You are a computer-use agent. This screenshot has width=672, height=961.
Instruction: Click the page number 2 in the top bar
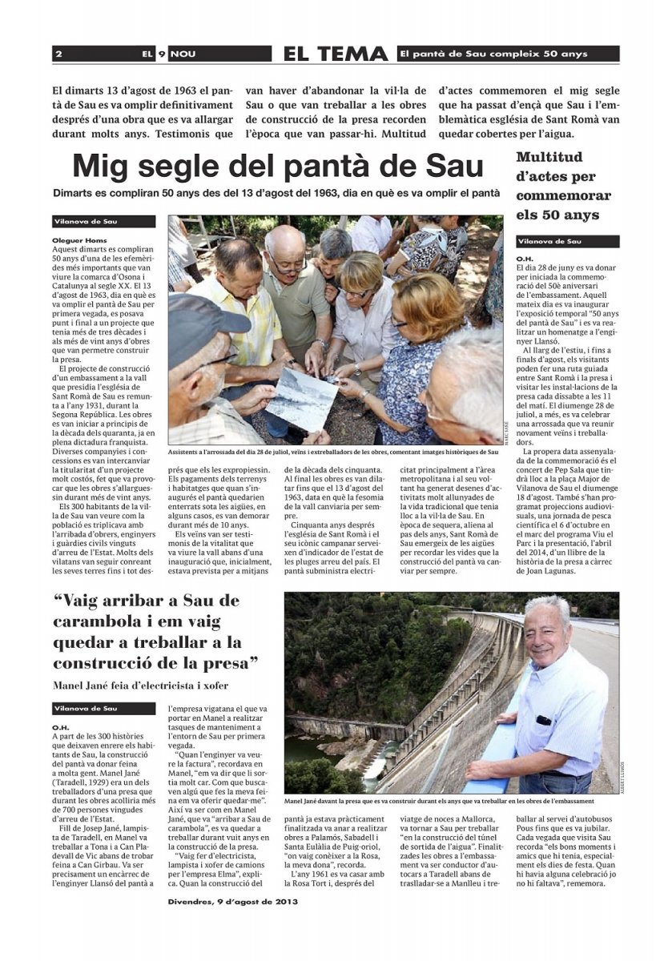point(59,54)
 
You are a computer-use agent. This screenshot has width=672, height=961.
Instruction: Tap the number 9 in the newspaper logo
point(161,54)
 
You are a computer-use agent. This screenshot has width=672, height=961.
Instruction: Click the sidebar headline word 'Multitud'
point(549,158)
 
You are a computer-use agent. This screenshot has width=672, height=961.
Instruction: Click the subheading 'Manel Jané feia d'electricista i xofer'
point(140,685)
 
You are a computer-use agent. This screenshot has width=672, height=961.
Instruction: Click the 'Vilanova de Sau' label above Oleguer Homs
point(89,222)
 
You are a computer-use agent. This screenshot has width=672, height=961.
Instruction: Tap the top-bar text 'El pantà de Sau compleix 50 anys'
point(494,54)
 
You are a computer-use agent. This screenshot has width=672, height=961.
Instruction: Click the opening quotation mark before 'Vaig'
point(58,598)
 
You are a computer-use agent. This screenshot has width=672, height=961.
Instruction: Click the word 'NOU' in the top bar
point(183,54)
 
